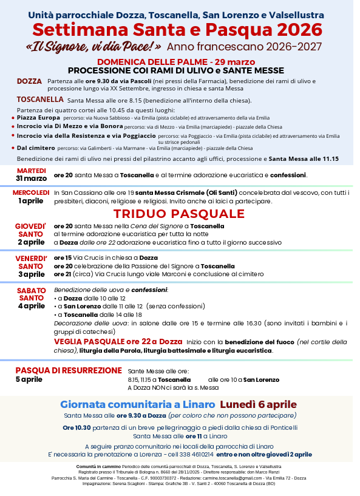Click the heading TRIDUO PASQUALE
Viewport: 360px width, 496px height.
coord(178,214)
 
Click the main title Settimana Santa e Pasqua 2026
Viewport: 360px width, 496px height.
coord(177,29)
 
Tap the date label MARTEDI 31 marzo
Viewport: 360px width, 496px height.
coord(31,174)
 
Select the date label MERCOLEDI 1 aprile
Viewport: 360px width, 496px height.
coord(31,196)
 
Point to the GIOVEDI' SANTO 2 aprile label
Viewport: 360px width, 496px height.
coord(31,234)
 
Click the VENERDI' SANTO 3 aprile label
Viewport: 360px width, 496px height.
coord(31,266)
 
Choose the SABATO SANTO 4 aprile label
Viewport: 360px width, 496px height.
coord(31,297)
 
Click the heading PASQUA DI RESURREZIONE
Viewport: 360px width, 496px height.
coord(69,370)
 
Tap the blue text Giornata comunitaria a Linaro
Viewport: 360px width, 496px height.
coord(137,404)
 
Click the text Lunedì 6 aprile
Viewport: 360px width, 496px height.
coord(258,404)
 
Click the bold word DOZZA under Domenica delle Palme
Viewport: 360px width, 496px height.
coord(30,81)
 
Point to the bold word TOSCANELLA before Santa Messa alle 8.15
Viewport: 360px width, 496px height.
coord(41,99)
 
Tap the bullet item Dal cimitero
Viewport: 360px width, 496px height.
coord(36,148)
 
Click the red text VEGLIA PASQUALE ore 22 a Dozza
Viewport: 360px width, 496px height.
coord(118,342)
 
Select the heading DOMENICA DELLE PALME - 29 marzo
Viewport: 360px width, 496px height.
coord(176,63)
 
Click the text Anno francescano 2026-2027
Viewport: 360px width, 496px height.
coord(244,47)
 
